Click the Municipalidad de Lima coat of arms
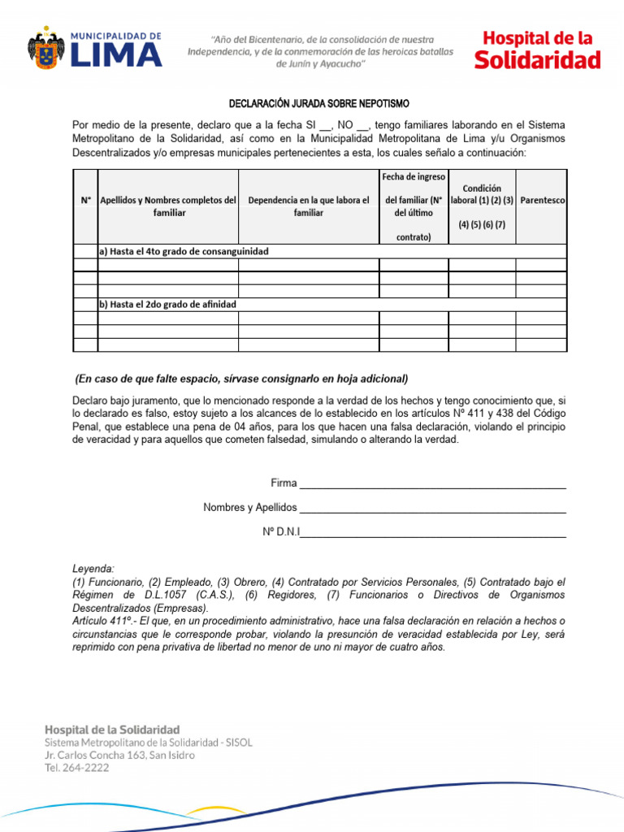tap(45, 49)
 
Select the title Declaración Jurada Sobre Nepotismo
tap(318, 104)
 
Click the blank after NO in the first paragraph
tap(363, 125)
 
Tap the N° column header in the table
tap(85, 199)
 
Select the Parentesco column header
tap(543, 199)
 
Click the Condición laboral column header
tap(482, 206)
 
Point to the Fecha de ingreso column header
tap(414, 206)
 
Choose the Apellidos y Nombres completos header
tap(167, 206)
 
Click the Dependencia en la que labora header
tap(308, 206)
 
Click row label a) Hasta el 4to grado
tap(184, 252)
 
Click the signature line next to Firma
tap(432, 485)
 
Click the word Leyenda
tap(93, 570)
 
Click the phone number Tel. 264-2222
tap(76, 768)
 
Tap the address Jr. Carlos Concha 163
tap(119, 755)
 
